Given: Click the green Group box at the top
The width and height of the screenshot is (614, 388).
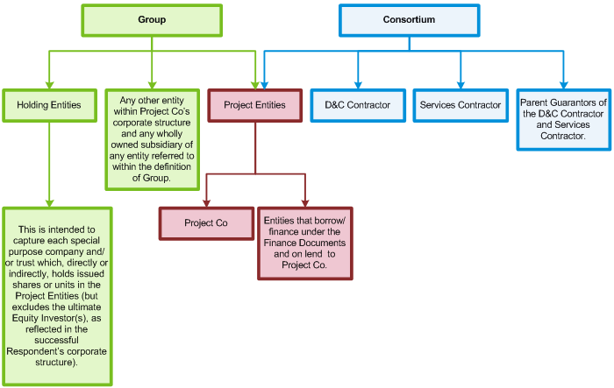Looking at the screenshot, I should coord(152,19).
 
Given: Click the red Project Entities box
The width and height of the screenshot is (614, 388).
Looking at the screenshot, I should coord(254,105).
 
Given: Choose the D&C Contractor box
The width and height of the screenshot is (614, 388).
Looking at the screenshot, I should coord(358,105).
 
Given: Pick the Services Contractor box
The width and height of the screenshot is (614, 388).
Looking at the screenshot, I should coord(460,105).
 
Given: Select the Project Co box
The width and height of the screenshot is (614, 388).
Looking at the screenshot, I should coord(205,222).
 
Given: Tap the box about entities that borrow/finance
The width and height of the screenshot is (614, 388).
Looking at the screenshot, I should coord(306,242).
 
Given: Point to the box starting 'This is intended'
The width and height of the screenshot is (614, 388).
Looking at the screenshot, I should coord(57,296).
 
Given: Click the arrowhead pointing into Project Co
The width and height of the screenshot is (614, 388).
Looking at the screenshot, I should coord(205,202).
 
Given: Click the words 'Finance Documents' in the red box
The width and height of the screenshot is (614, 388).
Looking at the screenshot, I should coord(306,242).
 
